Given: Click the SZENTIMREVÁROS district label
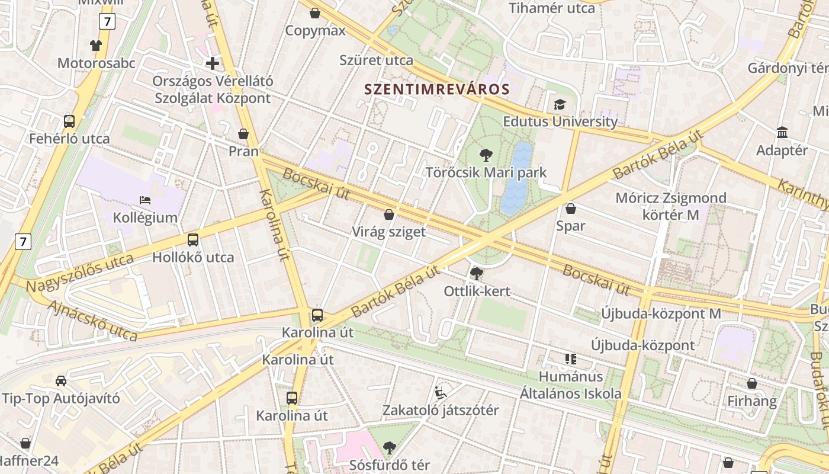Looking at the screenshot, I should tap(436, 89).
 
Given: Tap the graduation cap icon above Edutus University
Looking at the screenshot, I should tap(560, 105).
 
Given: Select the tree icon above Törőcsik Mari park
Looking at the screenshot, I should tap(486, 156).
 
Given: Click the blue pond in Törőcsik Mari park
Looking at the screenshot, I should tap(516, 178).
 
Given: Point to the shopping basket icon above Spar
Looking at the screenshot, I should tap(571, 209).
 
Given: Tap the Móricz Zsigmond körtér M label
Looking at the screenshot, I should tap(670, 206).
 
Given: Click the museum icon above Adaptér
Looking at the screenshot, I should tap(782, 133).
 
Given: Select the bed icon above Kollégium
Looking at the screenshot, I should tap(145, 200).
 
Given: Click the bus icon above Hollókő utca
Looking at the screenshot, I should tap(193, 240).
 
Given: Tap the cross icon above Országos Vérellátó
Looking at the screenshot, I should tap(213, 63).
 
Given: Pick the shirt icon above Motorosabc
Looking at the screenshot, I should tap(96, 45).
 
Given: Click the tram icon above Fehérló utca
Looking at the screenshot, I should tap(69, 121).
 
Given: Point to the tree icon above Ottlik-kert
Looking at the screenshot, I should tap(476, 274).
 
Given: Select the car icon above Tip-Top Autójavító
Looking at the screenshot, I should tap(60, 380).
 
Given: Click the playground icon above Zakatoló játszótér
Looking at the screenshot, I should tap(440, 392).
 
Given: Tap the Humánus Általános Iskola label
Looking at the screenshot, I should tap(571, 385).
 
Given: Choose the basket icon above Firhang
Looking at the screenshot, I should tap(751, 383).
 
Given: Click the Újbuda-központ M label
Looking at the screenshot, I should tap(661, 313).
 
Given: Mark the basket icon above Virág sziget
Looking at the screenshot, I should tap(389, 214).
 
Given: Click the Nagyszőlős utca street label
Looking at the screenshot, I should tap(80, 273).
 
